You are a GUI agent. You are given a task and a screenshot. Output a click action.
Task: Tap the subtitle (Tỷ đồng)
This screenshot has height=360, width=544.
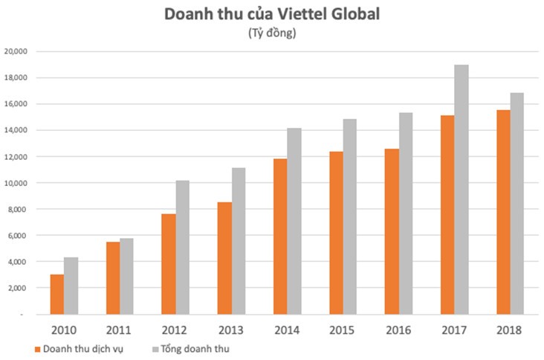(x=271, y=33)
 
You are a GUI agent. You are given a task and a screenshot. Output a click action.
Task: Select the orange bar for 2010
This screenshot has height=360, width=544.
(x=56, y=295)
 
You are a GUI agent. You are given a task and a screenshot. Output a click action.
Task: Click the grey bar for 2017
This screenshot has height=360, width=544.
(x=462, y=190)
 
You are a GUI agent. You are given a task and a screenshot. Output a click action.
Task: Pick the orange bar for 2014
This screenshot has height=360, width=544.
(x=280, y=237)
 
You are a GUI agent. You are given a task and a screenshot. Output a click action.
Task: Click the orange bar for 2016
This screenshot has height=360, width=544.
(x=392, y=231)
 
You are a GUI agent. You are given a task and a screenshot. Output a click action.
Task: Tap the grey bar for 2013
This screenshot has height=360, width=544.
(x=239, y=241)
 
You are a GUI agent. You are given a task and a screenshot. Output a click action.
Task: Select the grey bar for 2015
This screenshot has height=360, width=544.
(x=350, y=216)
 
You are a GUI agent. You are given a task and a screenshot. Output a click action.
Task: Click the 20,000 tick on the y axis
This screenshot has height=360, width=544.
(x=16, y=51)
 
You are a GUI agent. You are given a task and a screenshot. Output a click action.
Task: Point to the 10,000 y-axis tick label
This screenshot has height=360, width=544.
(x=16, y=183)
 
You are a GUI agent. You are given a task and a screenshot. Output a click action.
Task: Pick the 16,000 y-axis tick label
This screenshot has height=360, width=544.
(x=16, y=104)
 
